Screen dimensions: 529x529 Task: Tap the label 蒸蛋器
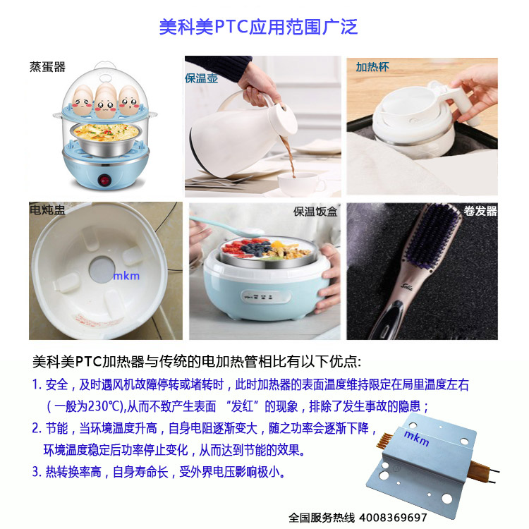(x=47, y=67)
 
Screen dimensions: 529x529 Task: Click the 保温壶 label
(x=202, y=78)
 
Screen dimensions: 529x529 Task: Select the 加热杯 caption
(x=372, y=67)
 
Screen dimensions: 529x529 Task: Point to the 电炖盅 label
(x=47, y=210)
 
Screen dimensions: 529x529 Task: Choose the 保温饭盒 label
(x=315, y=212)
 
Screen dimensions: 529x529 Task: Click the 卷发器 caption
(x=480, y=211)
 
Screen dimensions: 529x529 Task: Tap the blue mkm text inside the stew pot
(x=126, y=276)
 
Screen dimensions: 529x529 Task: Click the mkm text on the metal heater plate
(x=417, y=437)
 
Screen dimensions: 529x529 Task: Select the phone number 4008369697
(x=393, y=517)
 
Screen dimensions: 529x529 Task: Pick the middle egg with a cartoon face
(x=105, y=100)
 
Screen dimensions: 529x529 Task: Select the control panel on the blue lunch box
(x=266, y=297)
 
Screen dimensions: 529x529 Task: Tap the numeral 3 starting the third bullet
(x=35, y=472)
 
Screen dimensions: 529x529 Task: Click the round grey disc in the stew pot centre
(x=102, y=269)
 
